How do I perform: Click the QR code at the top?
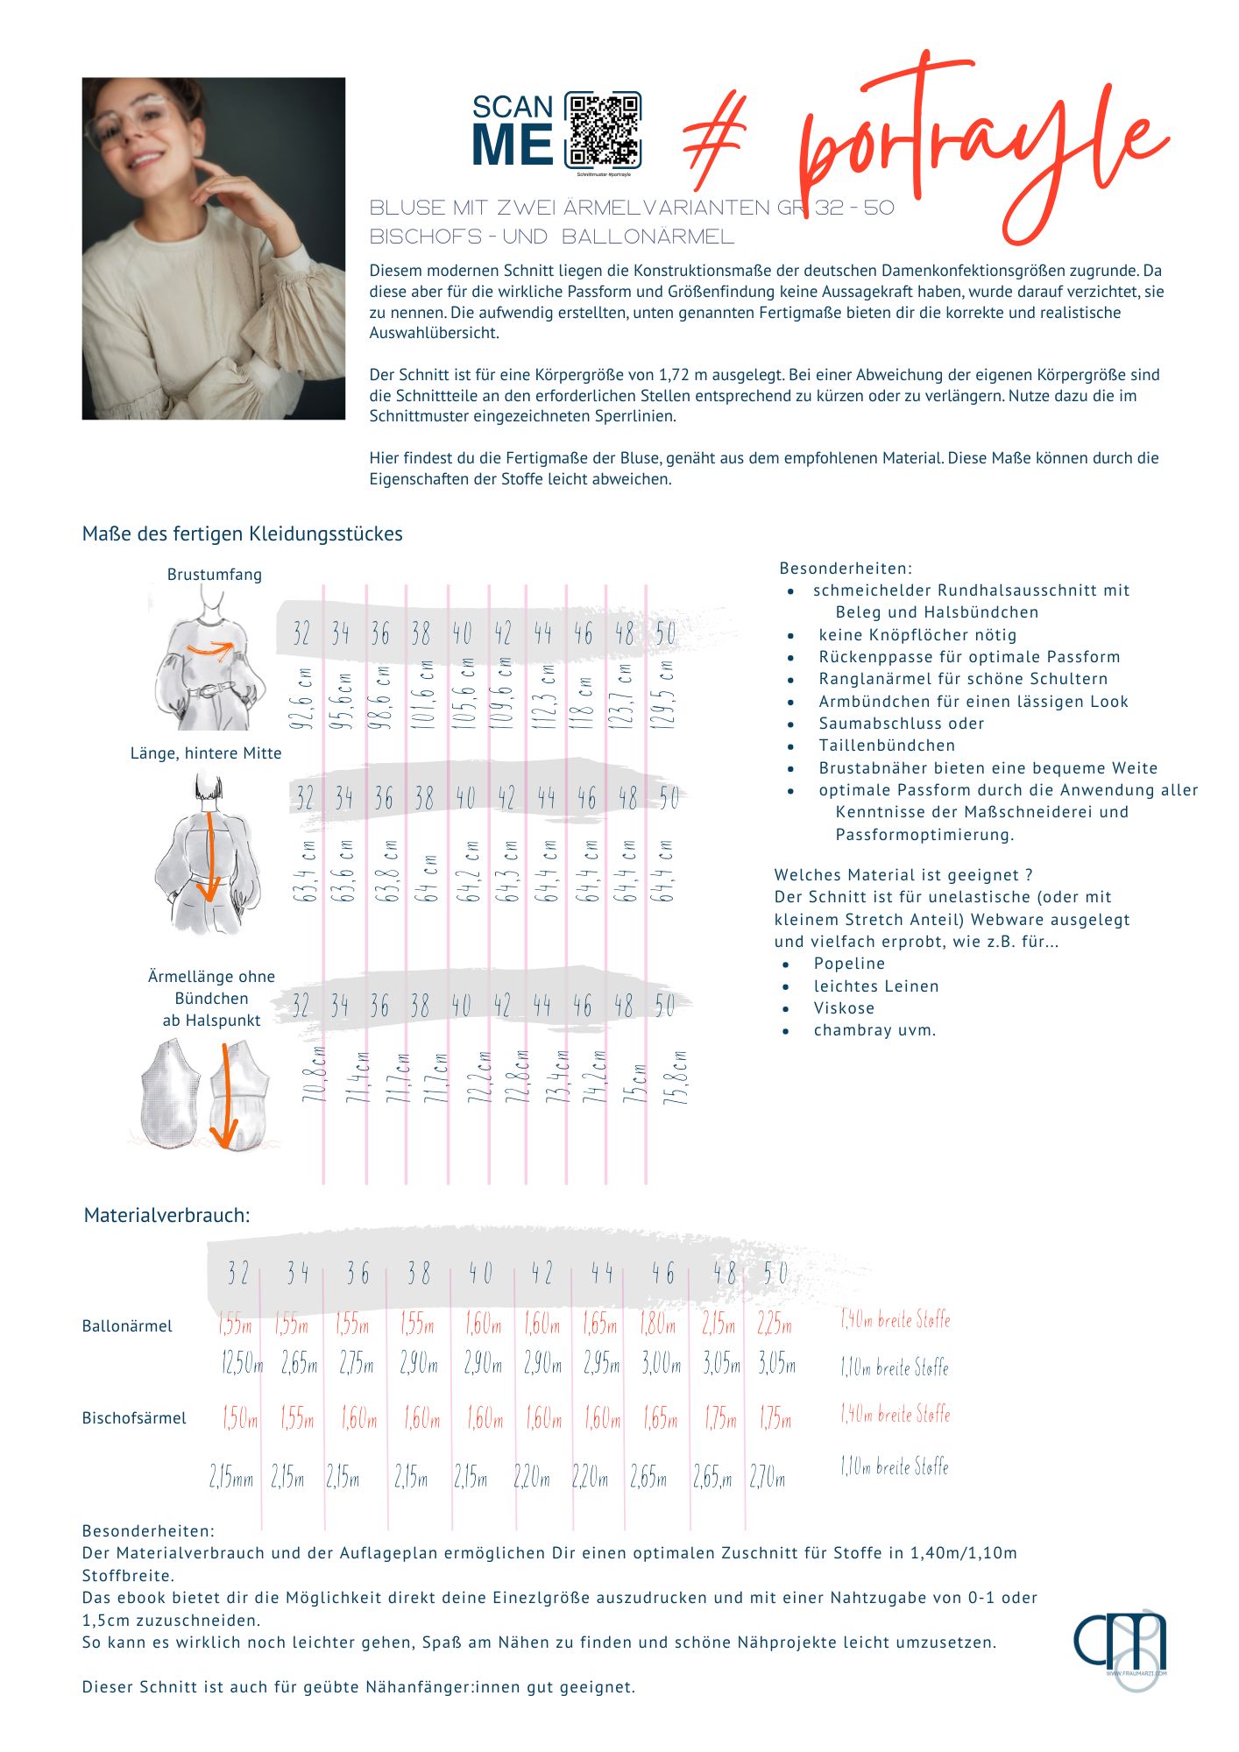pyautogui.click(x=602, y=130)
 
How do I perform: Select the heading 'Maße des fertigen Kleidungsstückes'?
pyautogui.click(x=242, y=533)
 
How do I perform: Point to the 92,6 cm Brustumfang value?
pyautogui.click(x=301, y=698)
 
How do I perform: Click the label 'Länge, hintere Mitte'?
pyautogui.click(x=206, y=753)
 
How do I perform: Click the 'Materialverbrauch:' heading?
pyautogui.click(x=166, y=1215)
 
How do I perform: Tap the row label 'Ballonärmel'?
pyautogui.click(x=127, y=1326)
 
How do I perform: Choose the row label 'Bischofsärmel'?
pyautogui.click(x=134, y=1418)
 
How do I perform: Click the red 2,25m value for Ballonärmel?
pyautogui.click(x=775, y=1324)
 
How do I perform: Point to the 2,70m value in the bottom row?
pyautogui.click(x=768, y=1478)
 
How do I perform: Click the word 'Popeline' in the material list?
pyautogui.click(x=849, y=964)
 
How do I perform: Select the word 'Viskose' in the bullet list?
pyautogui.click(x=844, y=1008)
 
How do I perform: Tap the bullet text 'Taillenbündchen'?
pyautogui.click(x=887, y=745)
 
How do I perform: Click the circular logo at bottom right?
pyautogui.click(x=1121, y=1645)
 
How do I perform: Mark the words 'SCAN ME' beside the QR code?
pyautogui.click(x=513, y=131)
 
